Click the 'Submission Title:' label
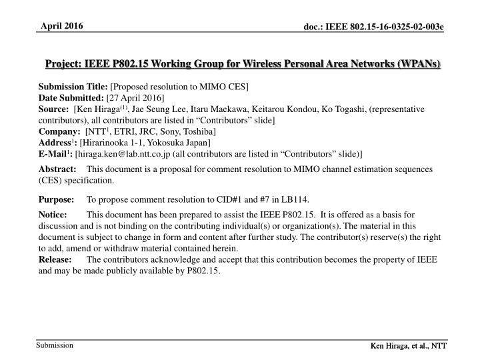[x=75, y=87]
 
